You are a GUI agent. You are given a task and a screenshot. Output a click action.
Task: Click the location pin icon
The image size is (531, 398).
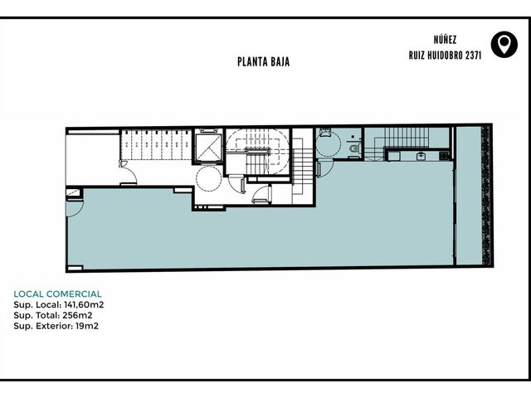[x=504, y=44]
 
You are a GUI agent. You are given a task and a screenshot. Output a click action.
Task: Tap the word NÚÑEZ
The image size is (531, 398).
[x=445, y=39]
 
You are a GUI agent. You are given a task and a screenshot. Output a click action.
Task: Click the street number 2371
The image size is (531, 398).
[x=473, y=56]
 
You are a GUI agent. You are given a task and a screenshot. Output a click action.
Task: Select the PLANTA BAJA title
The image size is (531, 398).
[x=263, y=62]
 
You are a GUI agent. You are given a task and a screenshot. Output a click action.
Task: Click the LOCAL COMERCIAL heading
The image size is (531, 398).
[x=57, y=294]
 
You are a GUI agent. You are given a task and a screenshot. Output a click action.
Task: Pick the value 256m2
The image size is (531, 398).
[x=77, y=315]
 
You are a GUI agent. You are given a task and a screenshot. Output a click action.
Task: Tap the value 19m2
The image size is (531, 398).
[x=87, y=326]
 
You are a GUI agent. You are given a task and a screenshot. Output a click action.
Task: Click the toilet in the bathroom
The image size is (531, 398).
[x=355, y=148]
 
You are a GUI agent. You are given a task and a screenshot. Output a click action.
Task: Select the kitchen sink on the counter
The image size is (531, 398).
[x=421, y=156]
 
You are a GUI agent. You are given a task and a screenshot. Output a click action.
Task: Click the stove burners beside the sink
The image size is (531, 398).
[x=444, y=156]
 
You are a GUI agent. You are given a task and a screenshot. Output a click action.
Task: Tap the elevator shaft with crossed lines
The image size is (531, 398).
[x=208, y=148]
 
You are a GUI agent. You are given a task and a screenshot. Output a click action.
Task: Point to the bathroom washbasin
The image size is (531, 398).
[x=324, y=133]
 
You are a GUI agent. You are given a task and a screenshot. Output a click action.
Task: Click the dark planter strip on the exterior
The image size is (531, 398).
[x=486, y=196]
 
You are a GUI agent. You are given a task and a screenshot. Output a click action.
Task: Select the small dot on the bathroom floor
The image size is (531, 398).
[x=353, y=137]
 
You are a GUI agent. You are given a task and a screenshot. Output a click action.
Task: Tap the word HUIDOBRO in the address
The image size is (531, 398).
[x=445, y=56]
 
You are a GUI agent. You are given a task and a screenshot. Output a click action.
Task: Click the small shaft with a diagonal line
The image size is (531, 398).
[x=74, y=193]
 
